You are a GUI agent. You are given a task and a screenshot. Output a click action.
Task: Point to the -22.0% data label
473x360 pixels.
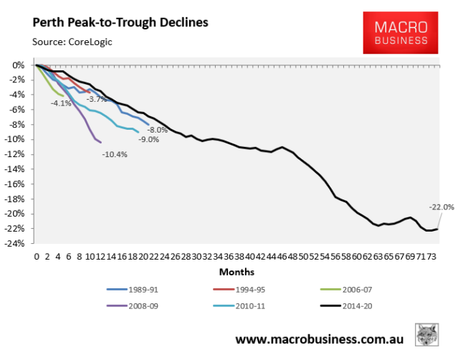(x=441, y=207)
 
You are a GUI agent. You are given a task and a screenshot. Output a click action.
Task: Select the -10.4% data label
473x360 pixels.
(x=115, y=154)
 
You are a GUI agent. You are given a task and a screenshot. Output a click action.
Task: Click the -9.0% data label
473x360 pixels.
(x=149, y=139)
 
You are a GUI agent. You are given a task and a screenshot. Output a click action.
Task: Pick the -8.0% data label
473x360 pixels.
(x=158, y=130)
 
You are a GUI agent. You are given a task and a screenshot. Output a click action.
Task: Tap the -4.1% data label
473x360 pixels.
(x=61, y=103)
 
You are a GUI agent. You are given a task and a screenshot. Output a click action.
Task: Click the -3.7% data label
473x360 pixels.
(x=97, y=99)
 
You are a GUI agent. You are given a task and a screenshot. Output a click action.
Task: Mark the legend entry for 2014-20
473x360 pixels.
(x=351, y=307)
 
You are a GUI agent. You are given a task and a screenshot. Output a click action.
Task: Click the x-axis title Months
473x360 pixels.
(x=237, y=272)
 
